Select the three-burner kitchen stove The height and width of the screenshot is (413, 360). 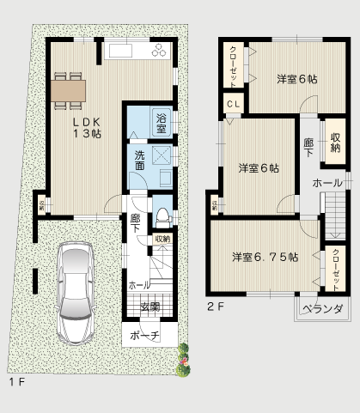(x=161, y=52)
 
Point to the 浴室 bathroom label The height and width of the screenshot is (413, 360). (x=161, y=122)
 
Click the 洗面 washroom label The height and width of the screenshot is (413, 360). (x=139, y=161)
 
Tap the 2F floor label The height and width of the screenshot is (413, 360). (x=214, y=305)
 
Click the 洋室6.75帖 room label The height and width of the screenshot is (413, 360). (x=265, y=257)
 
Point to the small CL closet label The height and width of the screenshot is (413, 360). (x=234, y=105)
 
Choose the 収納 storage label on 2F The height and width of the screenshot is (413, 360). (x=334, y=140)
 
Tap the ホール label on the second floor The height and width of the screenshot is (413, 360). (x=326, y=183)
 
